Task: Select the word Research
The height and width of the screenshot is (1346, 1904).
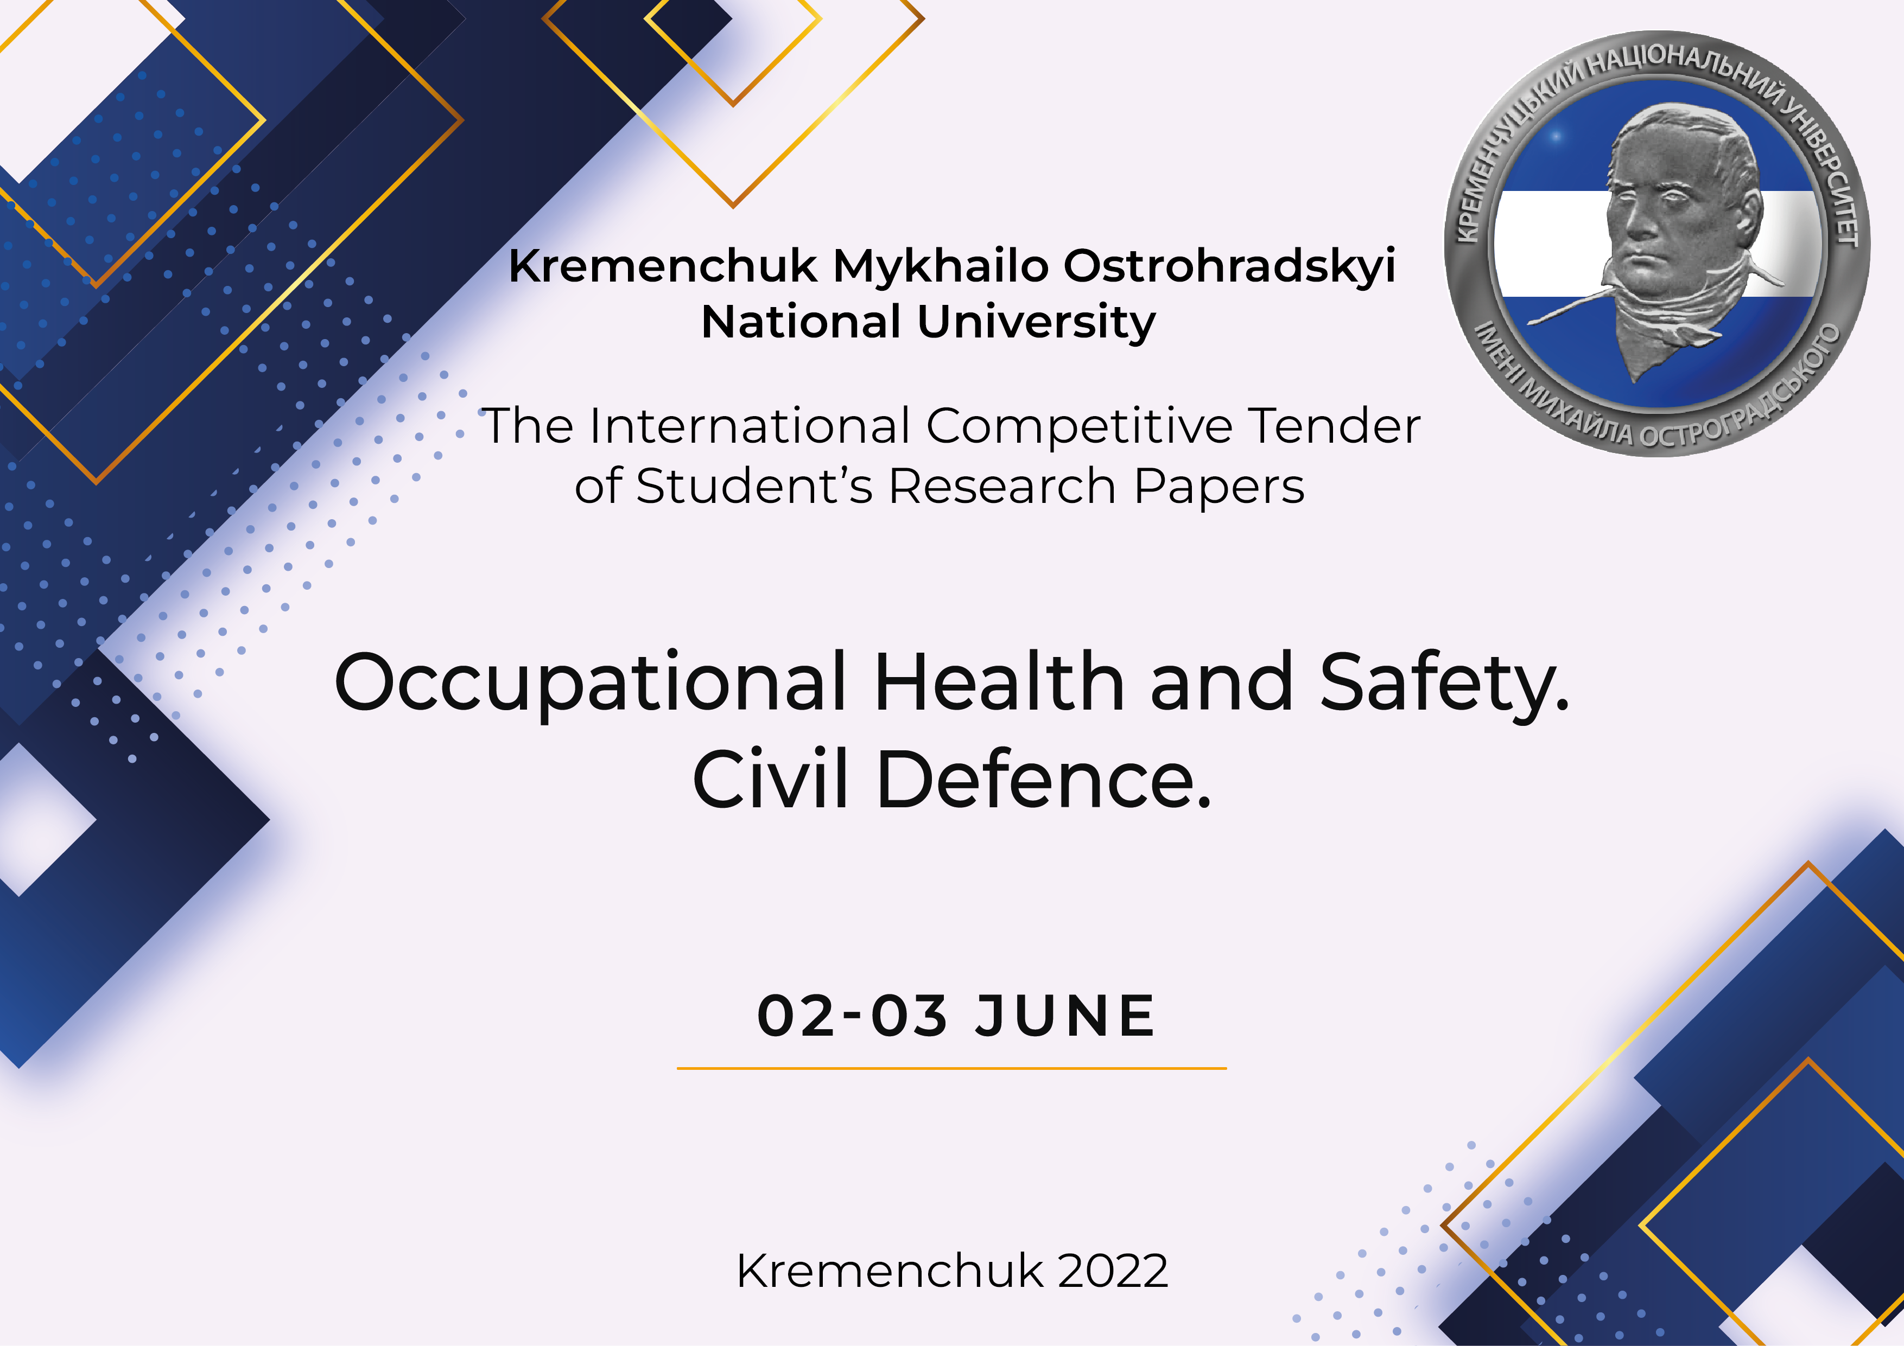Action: [x=1002, y=487]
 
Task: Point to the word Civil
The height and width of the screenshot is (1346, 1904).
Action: [x=771, y=779]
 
